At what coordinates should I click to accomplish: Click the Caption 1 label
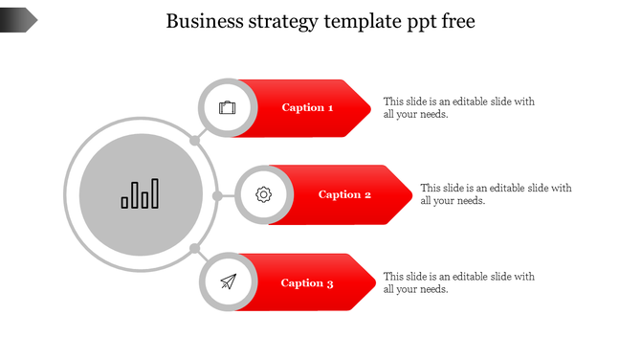coord(307,108)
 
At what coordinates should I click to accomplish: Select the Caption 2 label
coord(344,195)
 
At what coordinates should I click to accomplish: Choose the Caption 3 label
coord(307,283)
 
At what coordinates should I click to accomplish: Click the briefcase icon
coord(227,107)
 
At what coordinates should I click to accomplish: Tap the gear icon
coord(264,195)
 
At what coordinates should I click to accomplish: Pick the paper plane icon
coord(228,282)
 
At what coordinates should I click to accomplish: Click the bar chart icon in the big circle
coord(141,194)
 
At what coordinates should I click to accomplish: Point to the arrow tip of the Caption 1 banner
coord(367,108)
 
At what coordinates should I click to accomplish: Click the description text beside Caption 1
coord(458,107)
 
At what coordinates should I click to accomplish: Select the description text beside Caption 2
coord(496,194)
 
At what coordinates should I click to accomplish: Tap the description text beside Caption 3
coord(458,282)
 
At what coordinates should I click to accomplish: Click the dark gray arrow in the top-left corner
coord(18,18)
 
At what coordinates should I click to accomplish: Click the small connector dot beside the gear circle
coord(217,196)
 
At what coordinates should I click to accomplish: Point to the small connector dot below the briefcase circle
coord(194,141)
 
